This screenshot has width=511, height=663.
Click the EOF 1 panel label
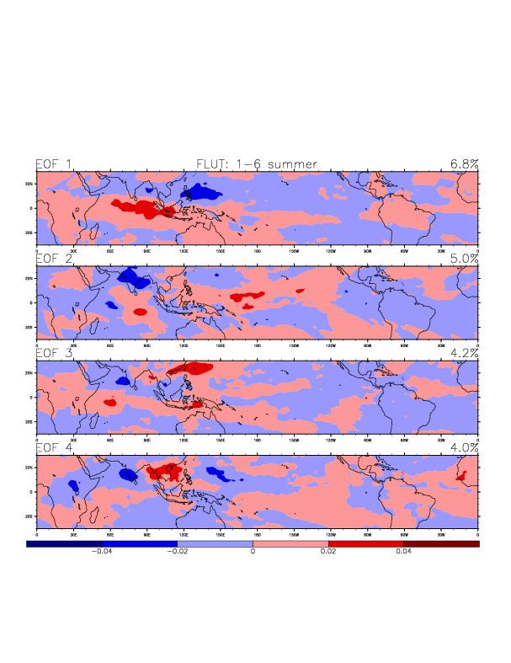point(53,164)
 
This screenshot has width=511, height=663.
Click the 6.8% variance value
point(464,164)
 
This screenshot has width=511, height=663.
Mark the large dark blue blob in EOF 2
point(131,275)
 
